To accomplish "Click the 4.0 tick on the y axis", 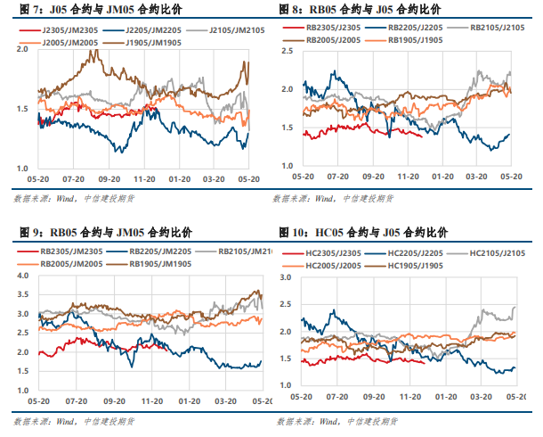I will pos(24,278).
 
